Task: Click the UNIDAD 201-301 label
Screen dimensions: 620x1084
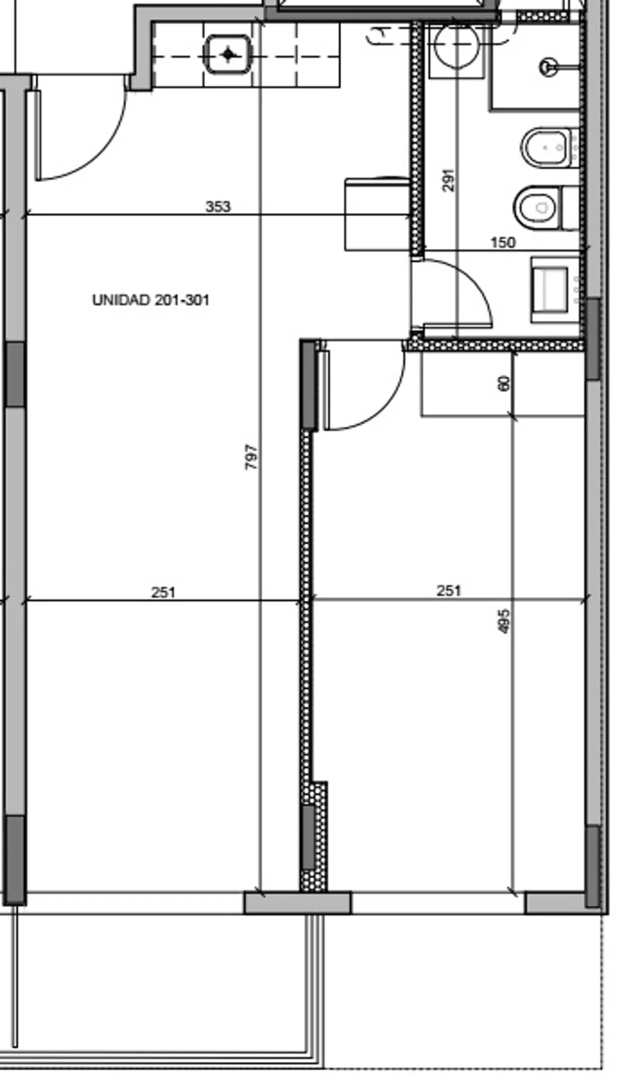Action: pos(151,300)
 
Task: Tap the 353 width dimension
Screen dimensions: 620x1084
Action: pos(218,207)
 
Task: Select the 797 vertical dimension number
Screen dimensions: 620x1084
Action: pos(252,457)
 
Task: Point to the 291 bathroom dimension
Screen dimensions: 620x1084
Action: pos(448,180)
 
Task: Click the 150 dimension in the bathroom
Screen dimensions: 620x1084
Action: pos(503,243)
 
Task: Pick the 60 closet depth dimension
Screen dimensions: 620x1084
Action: pos(504,383)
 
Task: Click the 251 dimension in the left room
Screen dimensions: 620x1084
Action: pos(164,592)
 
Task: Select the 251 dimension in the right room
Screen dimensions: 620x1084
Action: pos(449,591)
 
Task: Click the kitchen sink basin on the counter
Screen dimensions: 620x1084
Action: pos(228,54)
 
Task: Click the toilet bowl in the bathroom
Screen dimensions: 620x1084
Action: pos(538,207)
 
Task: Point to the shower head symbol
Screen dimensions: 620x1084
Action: pos(547,67)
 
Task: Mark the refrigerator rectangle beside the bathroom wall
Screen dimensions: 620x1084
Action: pos(377,214)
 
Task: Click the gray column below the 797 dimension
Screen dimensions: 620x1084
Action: pos(297,903)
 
